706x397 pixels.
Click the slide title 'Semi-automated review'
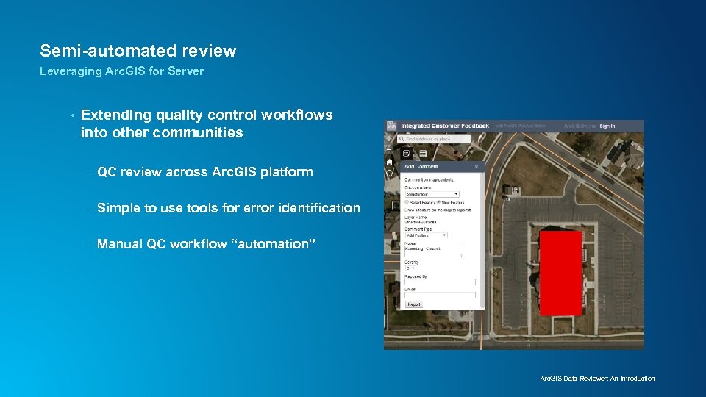[138, 51]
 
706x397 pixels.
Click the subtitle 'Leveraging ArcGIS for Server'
[121, 71]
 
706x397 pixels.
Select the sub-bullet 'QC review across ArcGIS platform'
[204, 172]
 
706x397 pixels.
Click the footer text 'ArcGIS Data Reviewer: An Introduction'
[597, 379]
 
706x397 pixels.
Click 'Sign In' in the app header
[607, 126]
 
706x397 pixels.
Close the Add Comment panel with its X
[477, 167]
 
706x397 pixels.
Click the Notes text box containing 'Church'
[433, 251]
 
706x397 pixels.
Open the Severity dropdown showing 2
[410, 268]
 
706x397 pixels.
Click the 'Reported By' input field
[440, 282]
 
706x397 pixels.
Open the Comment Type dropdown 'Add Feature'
[426, 235]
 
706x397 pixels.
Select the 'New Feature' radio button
[439, 202]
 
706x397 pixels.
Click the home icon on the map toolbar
[390, 162]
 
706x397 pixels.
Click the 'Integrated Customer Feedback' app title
[444, 126]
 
